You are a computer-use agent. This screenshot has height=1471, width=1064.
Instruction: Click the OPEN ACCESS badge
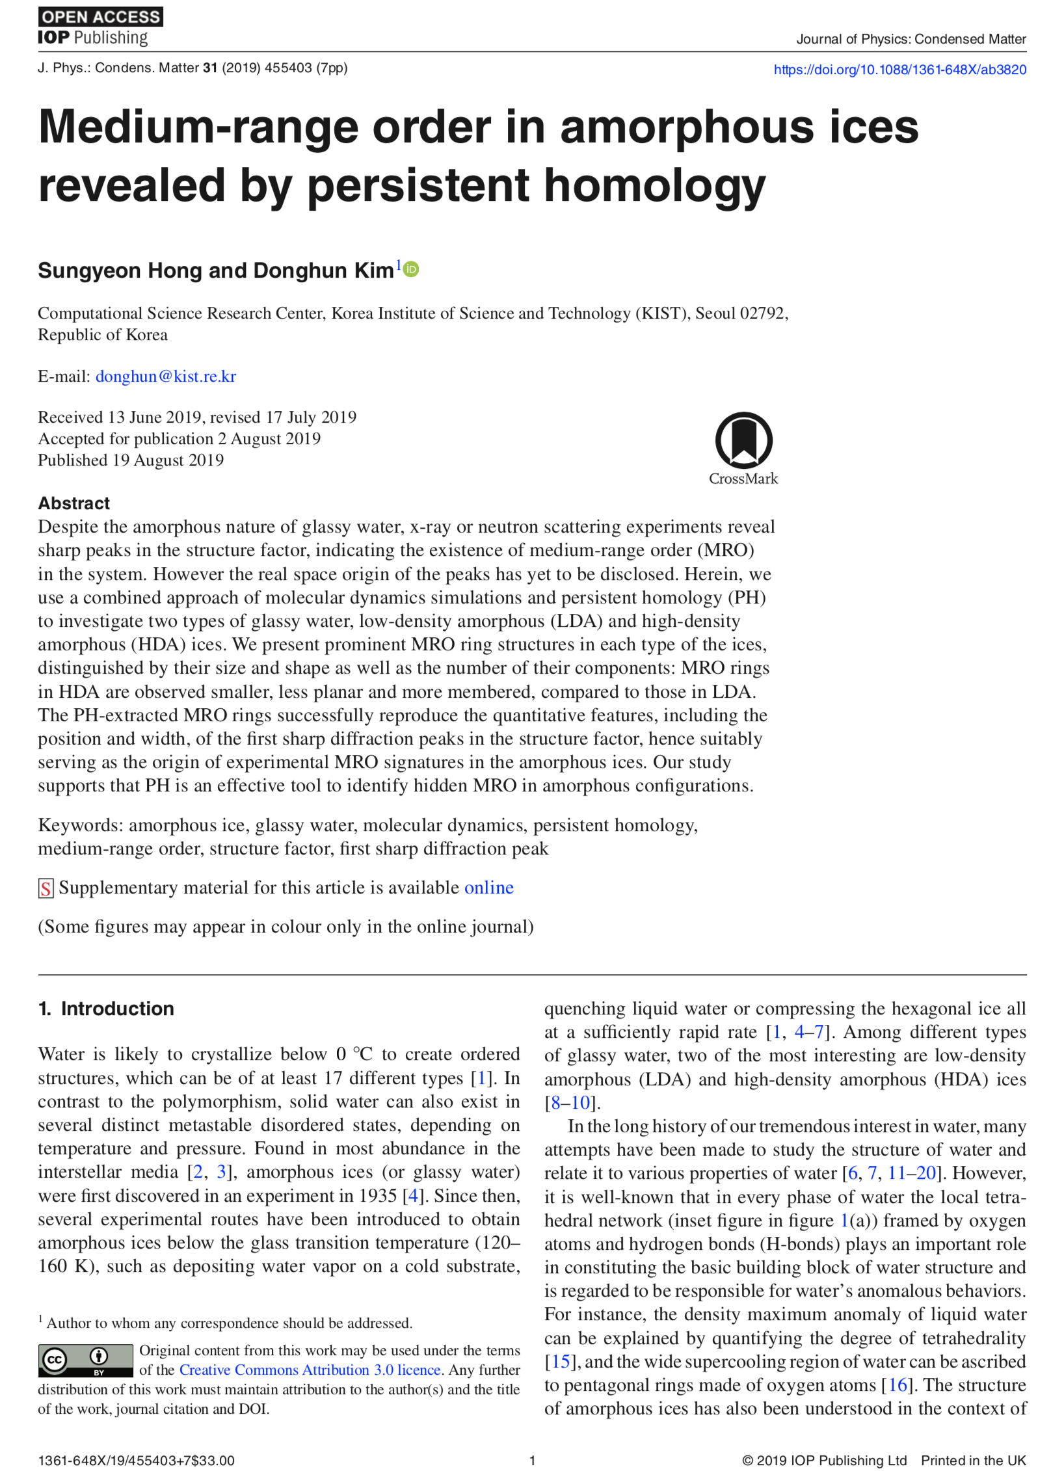[100, 17]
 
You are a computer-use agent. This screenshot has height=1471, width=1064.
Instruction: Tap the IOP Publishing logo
[93, 38]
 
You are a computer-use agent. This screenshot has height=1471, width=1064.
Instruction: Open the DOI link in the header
[899, 70]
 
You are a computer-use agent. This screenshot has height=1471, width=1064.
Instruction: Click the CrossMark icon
[743, 441]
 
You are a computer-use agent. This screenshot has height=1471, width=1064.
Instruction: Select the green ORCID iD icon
[411, 269]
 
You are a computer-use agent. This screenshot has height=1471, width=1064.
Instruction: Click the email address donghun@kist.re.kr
[165, 377]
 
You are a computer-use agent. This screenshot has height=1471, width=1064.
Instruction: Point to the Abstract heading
[73, 503]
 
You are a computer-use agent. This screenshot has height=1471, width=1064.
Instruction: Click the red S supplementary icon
[46, 888]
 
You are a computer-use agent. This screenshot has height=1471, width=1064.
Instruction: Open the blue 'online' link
[488, 888]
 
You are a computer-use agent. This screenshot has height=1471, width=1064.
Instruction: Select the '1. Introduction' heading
[106, 1009]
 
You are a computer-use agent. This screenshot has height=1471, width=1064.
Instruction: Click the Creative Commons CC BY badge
[85, 1360]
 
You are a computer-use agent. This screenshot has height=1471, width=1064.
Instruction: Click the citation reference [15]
[561, 1362]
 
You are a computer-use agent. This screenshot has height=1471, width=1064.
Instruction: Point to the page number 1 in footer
[532, 1461]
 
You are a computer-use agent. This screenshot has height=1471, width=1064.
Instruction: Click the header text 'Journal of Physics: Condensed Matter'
[911, 39]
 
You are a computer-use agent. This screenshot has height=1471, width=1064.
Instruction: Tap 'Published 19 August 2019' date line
[131, 460]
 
